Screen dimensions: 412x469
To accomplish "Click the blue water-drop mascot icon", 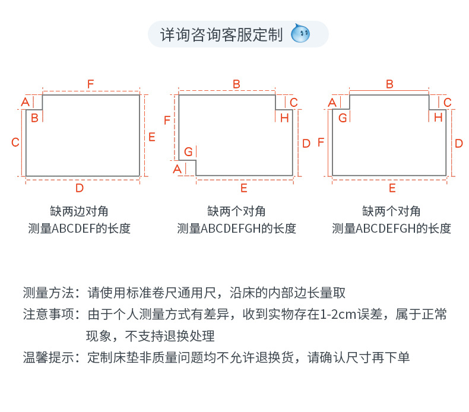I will [x=301, y=34].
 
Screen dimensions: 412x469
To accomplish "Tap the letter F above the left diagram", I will [x=91, y=84].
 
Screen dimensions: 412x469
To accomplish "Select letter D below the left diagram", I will [x=80, y=188].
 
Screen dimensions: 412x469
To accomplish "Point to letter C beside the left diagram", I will [x=16, y=142].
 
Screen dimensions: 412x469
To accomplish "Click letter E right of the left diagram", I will [x=152, y=137].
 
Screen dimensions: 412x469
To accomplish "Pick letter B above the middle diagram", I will [x=236, y=84].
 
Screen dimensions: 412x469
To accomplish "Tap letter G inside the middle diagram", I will [x=188, y=151].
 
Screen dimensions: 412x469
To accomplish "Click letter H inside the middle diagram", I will [x=284, y=118].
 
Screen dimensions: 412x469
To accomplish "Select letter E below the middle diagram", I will [x=243, y=188].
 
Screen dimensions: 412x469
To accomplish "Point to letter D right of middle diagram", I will [x=306, y=143].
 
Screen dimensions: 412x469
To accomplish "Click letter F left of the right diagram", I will [x=321, y=142].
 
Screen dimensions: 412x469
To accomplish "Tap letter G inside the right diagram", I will [x=343, y=118].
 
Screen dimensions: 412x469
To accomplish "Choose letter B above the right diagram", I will [x=389, y=84].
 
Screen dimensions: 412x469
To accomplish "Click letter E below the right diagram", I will [x=392, y=188].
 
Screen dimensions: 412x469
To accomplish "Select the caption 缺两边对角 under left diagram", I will [x=80, y=211].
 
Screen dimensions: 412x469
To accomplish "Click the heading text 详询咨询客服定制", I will [x=221, y=34].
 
